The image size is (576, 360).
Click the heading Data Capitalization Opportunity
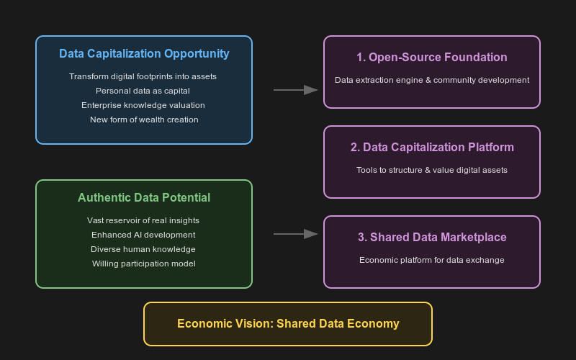click(144, 54)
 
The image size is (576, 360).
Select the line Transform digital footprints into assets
click(144, 76)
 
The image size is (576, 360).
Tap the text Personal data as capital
click(144, 91)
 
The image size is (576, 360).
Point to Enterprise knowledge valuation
click(144, 105)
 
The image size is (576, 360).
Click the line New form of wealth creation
click(144, 120)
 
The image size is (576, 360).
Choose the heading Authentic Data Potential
click(144, 198)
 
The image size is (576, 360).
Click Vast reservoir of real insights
click(144, 220)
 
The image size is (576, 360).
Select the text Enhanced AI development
click(144, 235)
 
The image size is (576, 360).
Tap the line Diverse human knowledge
click(144, 249)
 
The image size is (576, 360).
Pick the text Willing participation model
click(144, 264)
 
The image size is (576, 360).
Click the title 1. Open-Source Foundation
click(432, 58)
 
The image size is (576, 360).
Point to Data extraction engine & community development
click(432, 80)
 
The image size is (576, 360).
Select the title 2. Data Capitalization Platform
click(432, 148)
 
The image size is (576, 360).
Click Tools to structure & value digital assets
click(432, 170)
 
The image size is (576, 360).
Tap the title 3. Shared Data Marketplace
click(432, 238)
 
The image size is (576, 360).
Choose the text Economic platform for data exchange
click(432, 260)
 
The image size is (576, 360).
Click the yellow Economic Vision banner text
click(288, 324)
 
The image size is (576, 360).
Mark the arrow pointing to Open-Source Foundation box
click(295, 90)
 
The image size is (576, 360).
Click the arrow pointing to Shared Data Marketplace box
click(295, 234)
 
